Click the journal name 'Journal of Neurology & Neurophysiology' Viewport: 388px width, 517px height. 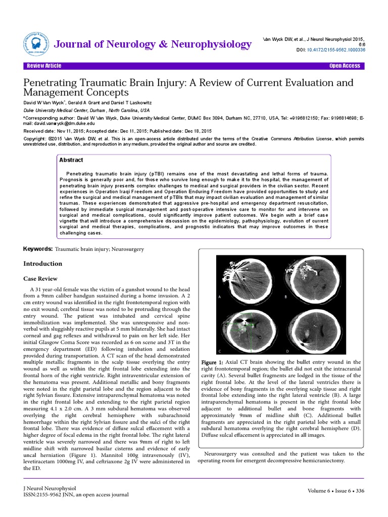(x=153, y=44)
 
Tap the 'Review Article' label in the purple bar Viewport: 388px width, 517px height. (x=44, y=66)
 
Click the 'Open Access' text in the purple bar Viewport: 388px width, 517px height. (x=345, y=66)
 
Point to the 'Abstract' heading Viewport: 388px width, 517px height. (x=71, y=160)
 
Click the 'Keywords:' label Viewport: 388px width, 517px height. (x=38, y=249)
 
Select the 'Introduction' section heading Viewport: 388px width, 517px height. (x=43, y=264)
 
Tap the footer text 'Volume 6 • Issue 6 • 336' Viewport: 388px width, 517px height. (x=335, y=491)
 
